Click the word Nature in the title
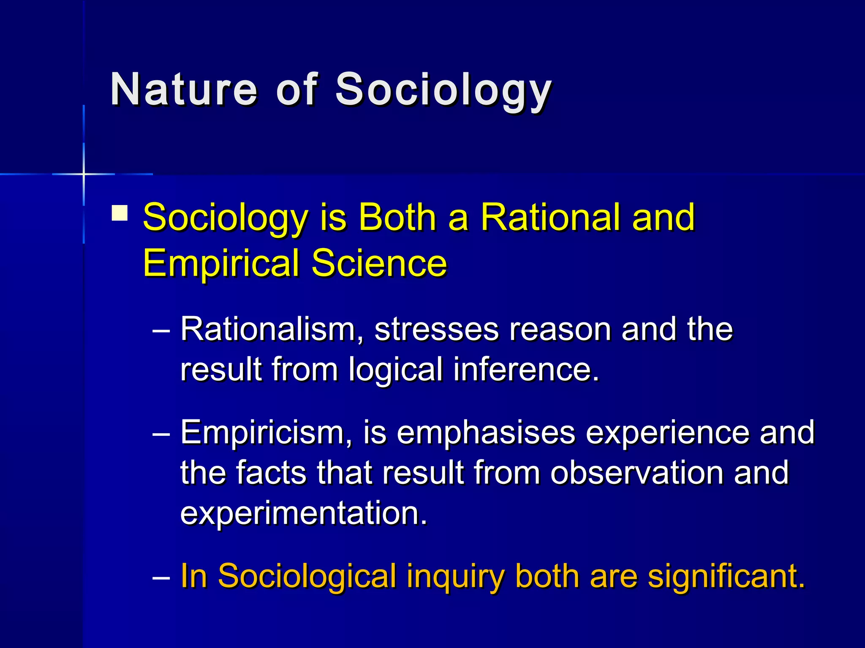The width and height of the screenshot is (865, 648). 183,89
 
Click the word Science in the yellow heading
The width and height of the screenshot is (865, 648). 379,263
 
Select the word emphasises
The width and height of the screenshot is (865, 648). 486,433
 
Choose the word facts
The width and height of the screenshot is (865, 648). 271,472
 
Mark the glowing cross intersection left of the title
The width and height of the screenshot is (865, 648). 84,174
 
